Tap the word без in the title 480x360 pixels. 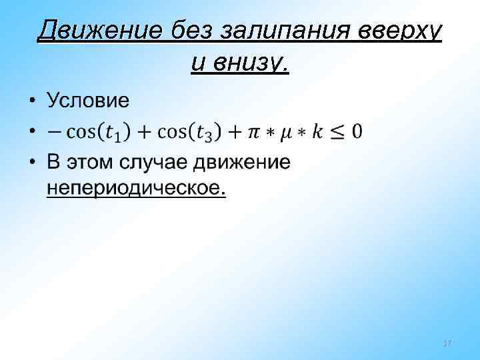pos(195,30)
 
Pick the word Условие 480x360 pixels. pos(87,101)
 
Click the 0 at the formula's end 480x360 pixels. pos(357,131)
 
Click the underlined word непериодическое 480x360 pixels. pos(136,189)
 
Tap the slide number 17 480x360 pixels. pos(447,343)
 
